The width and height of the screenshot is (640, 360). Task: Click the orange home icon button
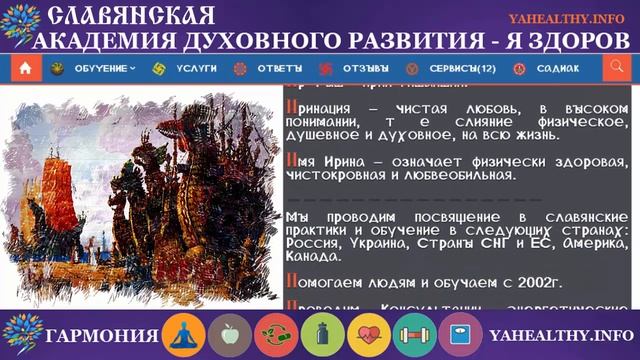point(25,68)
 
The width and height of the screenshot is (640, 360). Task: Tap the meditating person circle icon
point(185,335)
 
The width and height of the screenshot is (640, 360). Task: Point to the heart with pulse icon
point(368,335)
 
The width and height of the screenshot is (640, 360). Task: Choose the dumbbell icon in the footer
point(414,335)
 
